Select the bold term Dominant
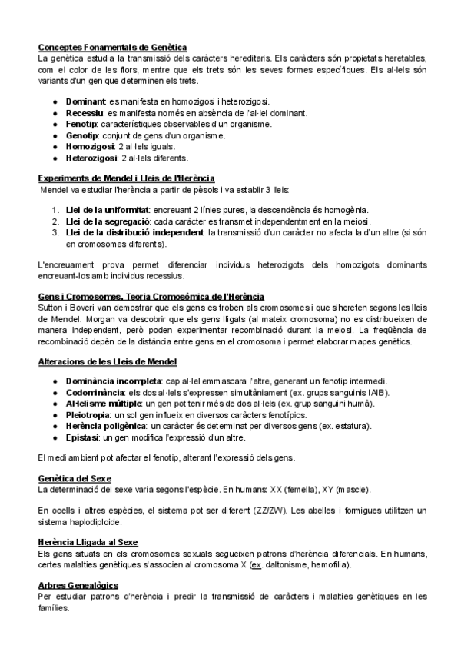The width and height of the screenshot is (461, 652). click(85, 101)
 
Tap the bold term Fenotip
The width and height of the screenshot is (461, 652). click(81, 124)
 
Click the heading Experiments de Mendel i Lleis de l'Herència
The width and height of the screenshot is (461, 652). click(126, 178)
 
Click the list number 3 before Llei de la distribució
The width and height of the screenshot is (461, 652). click(55, 232)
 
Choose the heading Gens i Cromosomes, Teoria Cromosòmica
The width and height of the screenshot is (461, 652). click(140, 296)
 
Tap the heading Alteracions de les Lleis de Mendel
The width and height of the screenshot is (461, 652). click(108, 361)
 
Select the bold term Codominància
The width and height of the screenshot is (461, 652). click(96, 392)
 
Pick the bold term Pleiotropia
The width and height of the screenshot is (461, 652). click(90, 415)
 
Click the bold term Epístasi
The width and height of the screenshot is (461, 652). click(83, 437)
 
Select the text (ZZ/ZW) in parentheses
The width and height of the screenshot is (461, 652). click(327, 510)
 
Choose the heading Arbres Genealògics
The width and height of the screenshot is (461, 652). click(78, 585)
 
